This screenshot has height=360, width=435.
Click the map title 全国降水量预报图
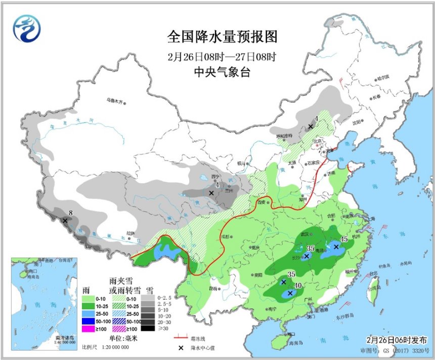coord(223,37)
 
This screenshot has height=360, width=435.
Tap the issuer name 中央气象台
coord(222,72)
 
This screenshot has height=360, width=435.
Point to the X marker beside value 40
coord(290,293)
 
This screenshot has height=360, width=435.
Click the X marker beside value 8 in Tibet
coord(65,220)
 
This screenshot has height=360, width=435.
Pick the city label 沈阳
coord(357,122)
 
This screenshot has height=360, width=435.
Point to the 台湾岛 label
coord(375,288)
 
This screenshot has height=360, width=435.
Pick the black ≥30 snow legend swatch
coord(149,328)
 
